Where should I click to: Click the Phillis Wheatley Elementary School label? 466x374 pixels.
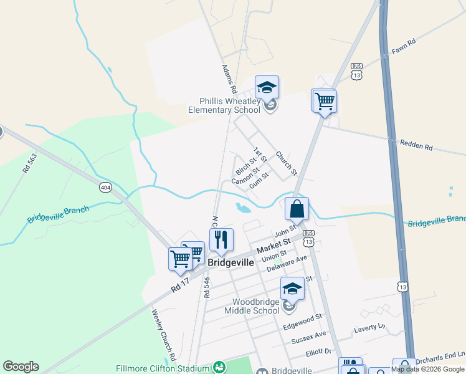point(224,105)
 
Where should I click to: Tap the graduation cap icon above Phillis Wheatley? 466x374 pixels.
point(267,88)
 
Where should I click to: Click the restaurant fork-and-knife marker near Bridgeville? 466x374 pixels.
point(221,240)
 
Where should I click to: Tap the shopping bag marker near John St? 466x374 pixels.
point(297,209)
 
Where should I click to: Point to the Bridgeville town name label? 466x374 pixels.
point(231,262)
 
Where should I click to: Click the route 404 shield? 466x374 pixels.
point(105,186)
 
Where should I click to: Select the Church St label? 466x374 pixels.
point(287,163)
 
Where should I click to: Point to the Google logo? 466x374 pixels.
point(21,367)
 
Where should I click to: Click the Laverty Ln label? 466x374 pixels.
point(370,327)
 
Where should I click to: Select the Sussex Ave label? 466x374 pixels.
point(308,337)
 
